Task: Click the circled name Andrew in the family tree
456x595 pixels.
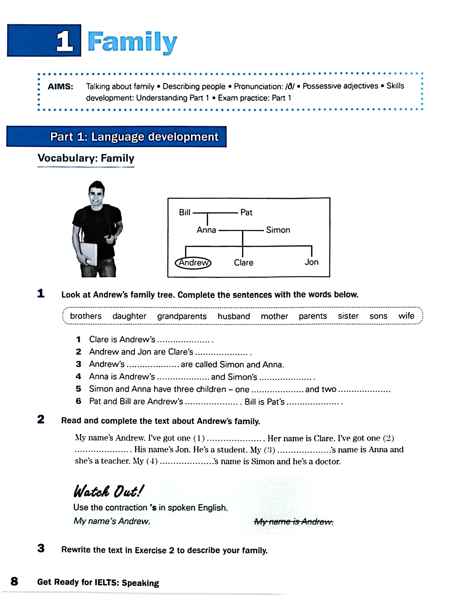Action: (x=193, y=263)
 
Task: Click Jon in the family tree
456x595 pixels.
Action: (x=311, y=262)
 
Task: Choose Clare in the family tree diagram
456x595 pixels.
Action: (x=243, y=263)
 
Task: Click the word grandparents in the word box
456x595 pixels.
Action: (x=182, y=316)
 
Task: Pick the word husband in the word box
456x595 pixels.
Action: (x=234, y=316)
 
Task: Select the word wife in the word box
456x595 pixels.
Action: (x=406, y=316)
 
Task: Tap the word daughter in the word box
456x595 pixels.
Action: (x=129, y=316)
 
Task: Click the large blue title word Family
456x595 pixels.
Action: (x=132, y=42)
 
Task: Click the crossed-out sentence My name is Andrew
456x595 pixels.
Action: (x=293, y=521)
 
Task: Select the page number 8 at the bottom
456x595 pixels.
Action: (x=14, y=581)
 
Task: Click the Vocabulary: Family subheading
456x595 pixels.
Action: (x=86, y=158)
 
